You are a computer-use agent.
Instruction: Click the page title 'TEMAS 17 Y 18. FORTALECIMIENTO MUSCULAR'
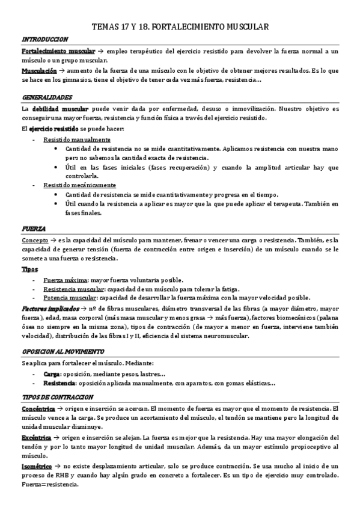[x=180, y=26]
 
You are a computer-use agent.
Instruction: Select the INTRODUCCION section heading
[x=44, y=39]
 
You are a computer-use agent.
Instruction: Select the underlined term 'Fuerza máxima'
[x=66, y=281]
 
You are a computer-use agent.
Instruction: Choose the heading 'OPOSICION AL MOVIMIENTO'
[x=63, y=351]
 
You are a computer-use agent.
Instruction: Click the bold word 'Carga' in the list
[x=52, y=374]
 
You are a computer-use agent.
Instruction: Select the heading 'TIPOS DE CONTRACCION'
[x=57, y=397]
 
